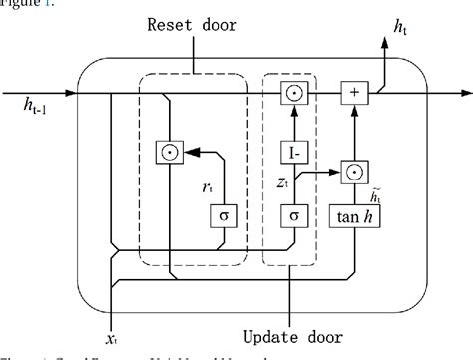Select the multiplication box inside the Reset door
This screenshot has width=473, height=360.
coord(167,152)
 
